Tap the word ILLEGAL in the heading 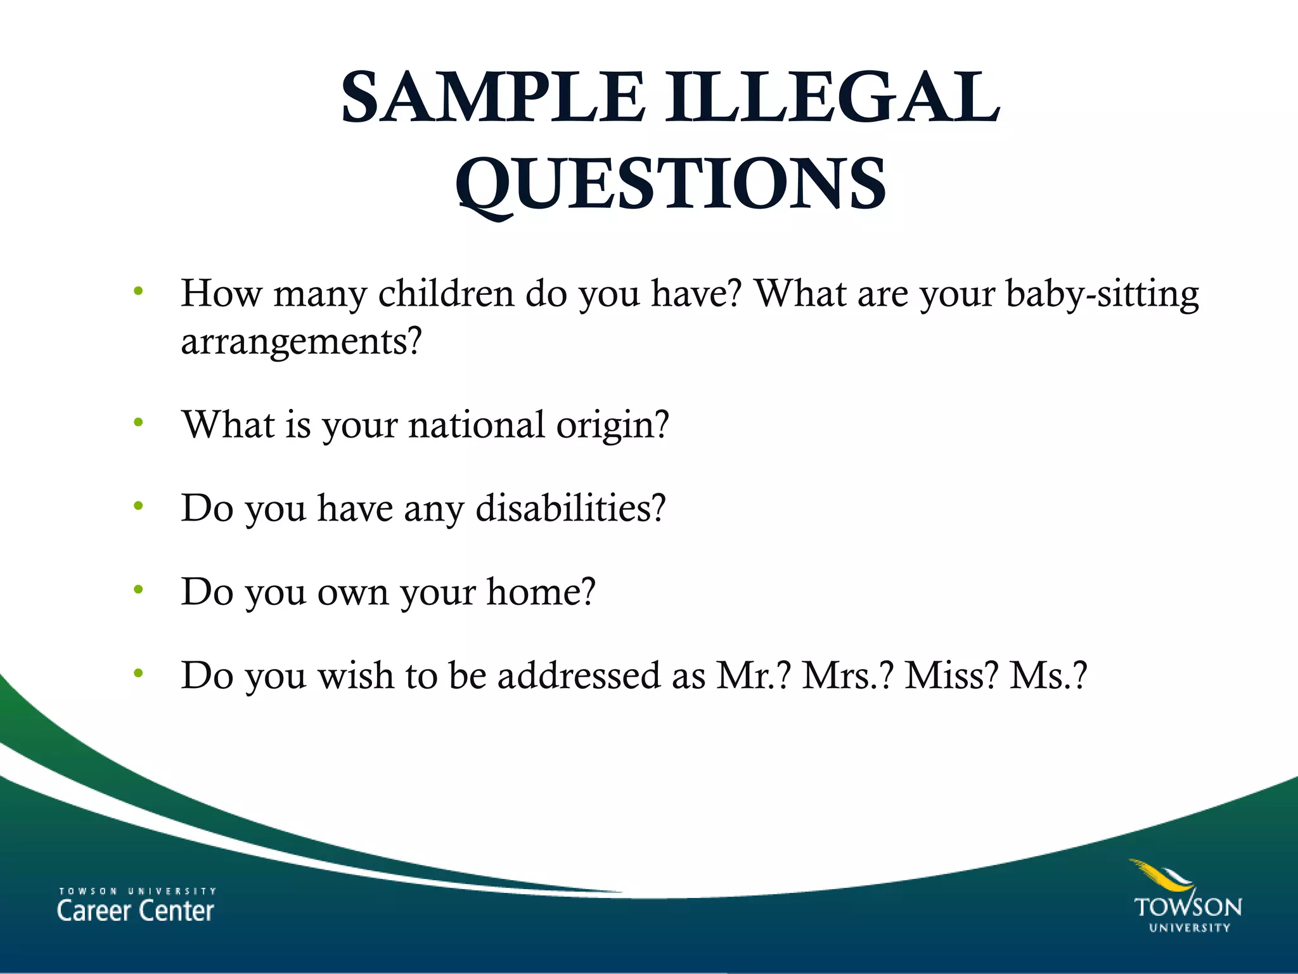click(x=832, y=98)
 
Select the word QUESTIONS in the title click(x=671, y=184)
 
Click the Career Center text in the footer click(x=136, y=911)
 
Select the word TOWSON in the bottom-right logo click(x=1188, y=907)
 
